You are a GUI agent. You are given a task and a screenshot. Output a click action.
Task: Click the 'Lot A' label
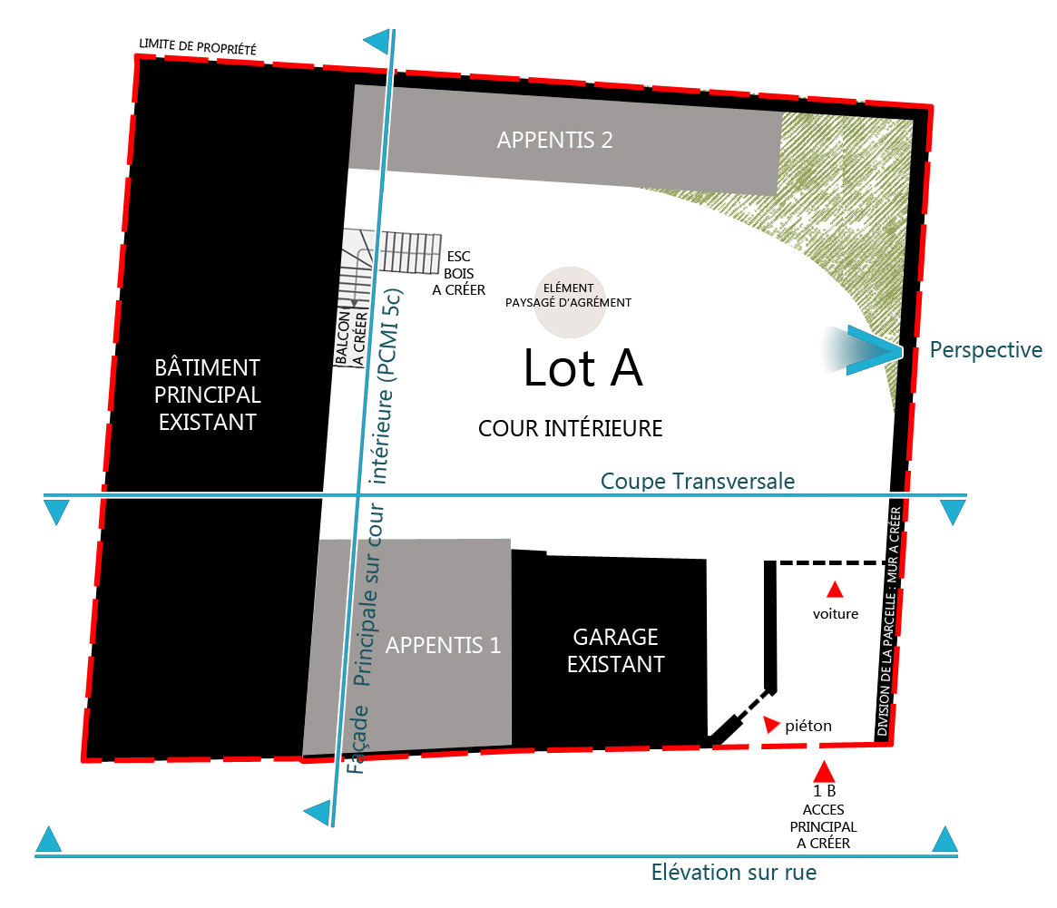point(582,367)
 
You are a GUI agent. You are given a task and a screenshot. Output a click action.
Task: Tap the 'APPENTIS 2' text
point(554,140)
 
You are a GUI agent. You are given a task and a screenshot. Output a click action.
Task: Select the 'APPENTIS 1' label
point(443,645)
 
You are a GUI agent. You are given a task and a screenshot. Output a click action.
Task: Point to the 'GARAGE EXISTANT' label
point(615,650)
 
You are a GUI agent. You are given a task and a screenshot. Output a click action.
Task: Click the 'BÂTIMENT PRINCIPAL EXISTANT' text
point(207,395)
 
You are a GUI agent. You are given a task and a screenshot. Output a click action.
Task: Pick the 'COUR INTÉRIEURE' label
point(570,428)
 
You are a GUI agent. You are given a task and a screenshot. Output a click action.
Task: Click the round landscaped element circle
point(569,302)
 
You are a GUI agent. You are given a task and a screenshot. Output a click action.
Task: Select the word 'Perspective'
point(985,350)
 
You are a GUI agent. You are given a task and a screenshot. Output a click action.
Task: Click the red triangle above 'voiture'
point(835,590)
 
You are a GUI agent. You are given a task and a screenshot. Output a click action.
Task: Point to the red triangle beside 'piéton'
point(772,725)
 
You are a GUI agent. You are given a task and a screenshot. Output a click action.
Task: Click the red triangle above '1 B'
point(823,772)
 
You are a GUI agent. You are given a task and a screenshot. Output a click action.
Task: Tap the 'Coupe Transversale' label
point(698,481)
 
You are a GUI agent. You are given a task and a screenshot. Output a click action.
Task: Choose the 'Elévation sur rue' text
point(733,873)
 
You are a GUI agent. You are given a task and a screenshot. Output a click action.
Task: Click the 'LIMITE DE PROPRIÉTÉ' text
point(198,45)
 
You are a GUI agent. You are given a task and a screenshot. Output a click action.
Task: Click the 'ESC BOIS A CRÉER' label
point(459,273)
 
